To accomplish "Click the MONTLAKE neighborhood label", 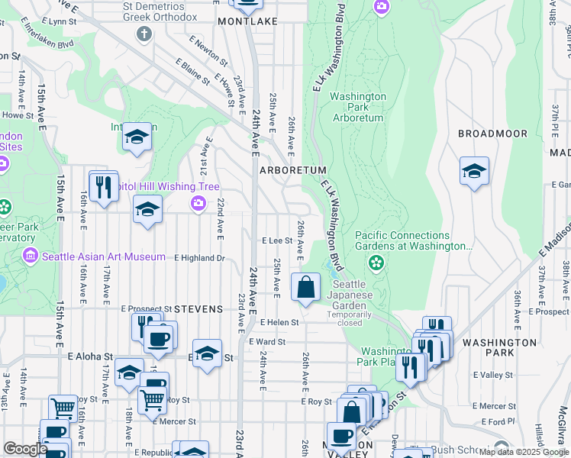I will pos(247,22).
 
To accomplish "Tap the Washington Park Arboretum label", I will pos(358,108).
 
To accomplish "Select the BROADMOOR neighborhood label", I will pos(492,134).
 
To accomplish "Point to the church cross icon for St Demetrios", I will pos(144,34).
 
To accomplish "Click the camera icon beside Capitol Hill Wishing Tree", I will pos(198,202).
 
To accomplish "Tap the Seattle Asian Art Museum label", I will pos(104,256).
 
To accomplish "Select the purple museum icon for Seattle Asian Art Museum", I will pos(31,255).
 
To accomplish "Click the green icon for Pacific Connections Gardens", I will pos(376,263).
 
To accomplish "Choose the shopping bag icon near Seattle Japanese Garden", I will pos(305,288).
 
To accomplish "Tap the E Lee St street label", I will pos(277,240).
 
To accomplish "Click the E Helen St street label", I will pos(279,323).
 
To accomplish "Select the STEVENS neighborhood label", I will pos(198,309).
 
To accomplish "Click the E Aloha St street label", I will pos(90,356).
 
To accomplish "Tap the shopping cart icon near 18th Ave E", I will pos(153,398).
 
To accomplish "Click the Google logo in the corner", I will pos(25,450).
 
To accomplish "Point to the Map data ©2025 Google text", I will pos(523,452).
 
